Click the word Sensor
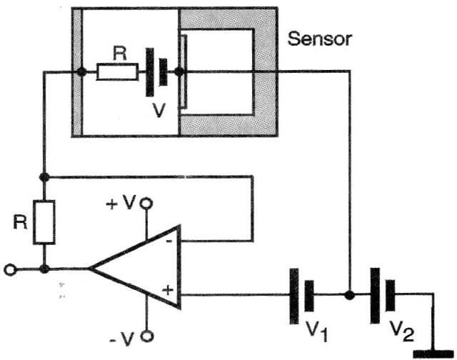(319, 39)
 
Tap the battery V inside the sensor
(157, 71)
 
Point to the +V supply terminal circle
(148, 204)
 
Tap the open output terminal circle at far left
(9, 270)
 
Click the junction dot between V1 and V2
(348, 294)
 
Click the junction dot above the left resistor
(44, 176)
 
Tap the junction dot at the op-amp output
(44, 269)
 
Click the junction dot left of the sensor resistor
(83, 71)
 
